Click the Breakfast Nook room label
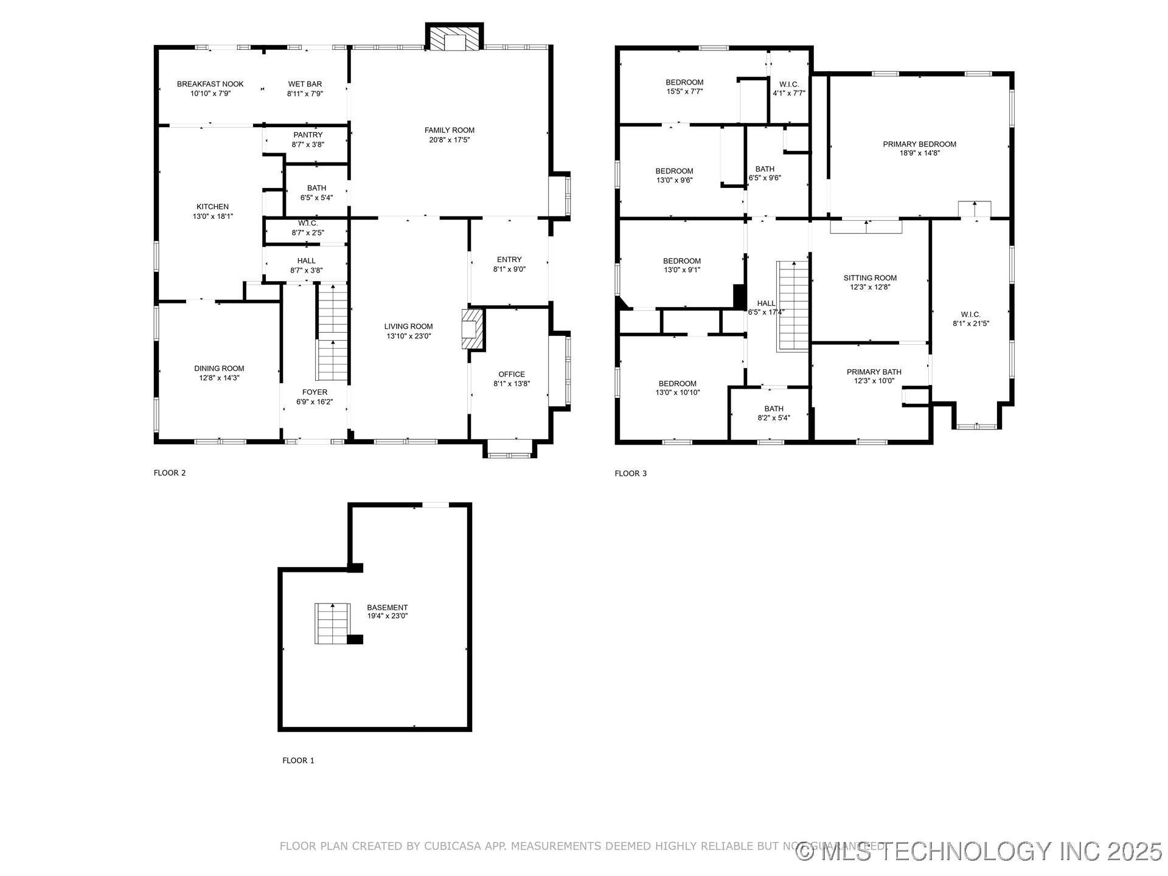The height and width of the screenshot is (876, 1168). pos(210,84)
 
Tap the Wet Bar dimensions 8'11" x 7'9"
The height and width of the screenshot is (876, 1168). pos(305,94)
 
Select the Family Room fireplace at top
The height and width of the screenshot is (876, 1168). pos(454,38)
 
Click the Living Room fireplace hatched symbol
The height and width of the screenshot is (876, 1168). pos(473,329)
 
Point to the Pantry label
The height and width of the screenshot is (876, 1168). pos(308,135)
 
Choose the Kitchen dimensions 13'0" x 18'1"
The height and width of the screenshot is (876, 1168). pos(212,216)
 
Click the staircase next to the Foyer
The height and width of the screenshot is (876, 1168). pos(332,333)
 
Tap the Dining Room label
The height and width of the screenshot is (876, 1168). pos(219,368)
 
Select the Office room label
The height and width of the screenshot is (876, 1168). pos(511,374)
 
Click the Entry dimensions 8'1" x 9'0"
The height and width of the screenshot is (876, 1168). pos(509,269)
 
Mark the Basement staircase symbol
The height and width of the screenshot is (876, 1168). pos(332,623)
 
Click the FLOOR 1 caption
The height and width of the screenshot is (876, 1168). pos(298,760)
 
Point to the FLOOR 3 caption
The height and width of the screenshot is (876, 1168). pos(630,473)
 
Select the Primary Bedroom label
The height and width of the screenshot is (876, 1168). pos(919,144)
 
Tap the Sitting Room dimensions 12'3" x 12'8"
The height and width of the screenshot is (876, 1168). pos(870,287)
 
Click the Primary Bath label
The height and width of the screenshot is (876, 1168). pos(874,372)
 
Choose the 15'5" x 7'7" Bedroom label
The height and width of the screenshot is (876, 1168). pos(684,82)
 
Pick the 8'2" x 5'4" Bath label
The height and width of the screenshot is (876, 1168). pos(774,409)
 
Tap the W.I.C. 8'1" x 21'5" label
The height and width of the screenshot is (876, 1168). pos(970,315)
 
